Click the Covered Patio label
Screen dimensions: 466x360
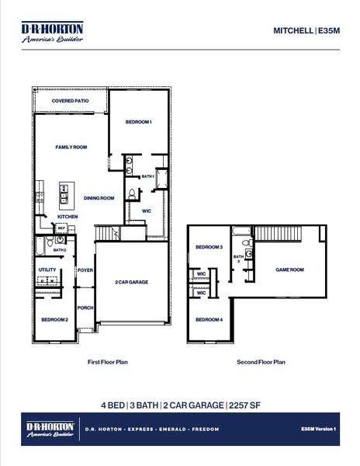pyautogui.click(x=70, y=102)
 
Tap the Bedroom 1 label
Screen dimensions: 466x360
pyautogui.click(x=138, y=122)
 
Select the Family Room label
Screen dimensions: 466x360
pyautogui.click(x=71, y=147)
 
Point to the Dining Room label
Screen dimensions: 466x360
pyautogui.click(x=99, y=198)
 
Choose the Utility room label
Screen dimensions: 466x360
pyautogui.click(x=47, y=270)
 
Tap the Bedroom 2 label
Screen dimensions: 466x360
pyautogui.click(x=55, y=319)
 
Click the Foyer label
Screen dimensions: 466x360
pyautogui.click(x=85, y=270)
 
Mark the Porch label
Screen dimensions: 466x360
pyautogui.click(x=85, y=308)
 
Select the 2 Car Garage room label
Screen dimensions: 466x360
pyautogui.click(x=131, y=282)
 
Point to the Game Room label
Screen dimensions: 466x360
pyautogui.click(x=289, y=270)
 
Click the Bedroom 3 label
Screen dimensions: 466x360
pyautogui.click(x=209, y=247)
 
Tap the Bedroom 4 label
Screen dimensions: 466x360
pyautogui.click(x=209, y=320)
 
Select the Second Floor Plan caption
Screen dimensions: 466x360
pyautogui.click(x=261, y=362)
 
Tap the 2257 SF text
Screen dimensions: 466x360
pyautogui.click(x=243, y=405)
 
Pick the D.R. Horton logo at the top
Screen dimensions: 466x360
pyautogui.click(x=52, y=32)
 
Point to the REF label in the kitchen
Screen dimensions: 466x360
pyautogui.click(x=61, y=228)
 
